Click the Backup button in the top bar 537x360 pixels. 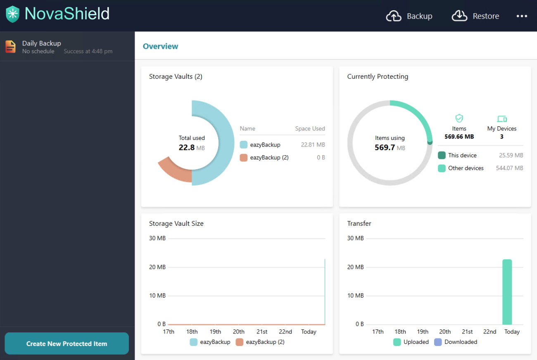409,16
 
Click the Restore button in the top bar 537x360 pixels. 475,16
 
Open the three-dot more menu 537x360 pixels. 522,16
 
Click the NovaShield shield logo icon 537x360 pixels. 12,14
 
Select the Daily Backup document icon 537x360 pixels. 11,47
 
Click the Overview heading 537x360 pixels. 160,46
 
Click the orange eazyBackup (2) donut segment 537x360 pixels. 174,171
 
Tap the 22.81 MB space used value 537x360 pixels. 313,144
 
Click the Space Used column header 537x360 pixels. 310,129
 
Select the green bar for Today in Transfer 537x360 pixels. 507,292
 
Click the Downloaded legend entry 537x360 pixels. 456,342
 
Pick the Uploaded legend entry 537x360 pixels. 411,342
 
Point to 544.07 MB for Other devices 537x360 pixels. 509,168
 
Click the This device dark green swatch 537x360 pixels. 442,155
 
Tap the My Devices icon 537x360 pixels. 502,119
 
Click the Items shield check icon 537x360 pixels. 459,118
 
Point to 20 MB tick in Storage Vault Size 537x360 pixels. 157,267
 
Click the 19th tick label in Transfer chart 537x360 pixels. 423,332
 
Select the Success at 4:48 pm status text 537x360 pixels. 88,51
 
